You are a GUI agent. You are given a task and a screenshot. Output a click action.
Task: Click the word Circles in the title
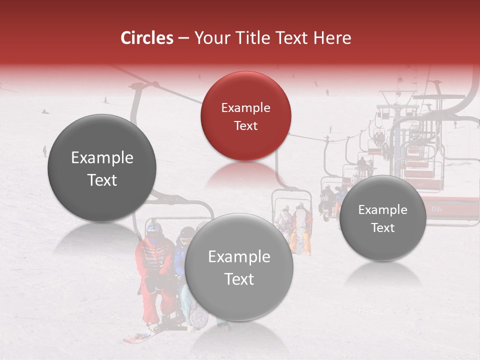click(147, 38)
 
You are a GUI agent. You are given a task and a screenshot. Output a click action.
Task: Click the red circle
click(245, 116)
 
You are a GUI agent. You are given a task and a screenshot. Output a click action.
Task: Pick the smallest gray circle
click(383, 218)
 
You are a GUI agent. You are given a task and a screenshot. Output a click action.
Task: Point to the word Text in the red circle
click(245, 125)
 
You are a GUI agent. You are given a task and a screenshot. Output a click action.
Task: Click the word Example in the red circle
click(245, 107)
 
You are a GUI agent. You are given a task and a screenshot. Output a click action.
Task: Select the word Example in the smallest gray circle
click(383, 209)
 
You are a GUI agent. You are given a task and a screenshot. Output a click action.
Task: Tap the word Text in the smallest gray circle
click(383, 227)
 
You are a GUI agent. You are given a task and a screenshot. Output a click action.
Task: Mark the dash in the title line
click(183, 38)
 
